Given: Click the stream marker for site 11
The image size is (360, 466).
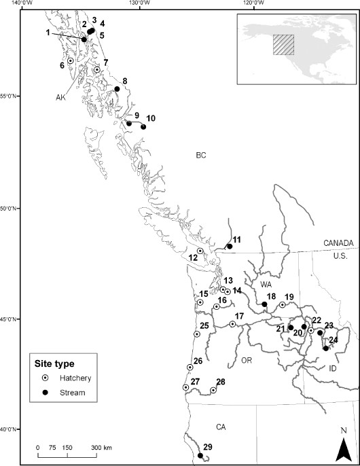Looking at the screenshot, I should (230, 247).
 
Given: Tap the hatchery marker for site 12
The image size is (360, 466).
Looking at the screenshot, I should (200, 251).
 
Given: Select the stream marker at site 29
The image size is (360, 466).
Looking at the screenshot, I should (200, 456).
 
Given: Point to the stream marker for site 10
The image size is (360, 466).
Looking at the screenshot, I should (143, 126).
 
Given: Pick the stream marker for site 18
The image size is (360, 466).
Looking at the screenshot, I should (264, 304).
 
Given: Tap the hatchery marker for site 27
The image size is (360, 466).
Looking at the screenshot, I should (185, 387).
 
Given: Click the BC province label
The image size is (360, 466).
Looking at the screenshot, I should (200, 156).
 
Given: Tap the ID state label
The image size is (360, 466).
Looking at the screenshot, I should (332, 368).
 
